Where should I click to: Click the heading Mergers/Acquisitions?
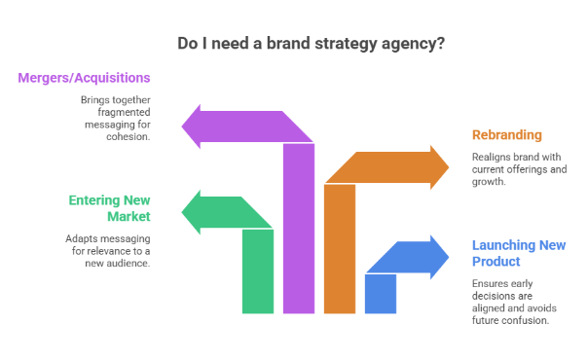pyautogui.click(x=84, y=78)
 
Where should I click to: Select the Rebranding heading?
pyautogui.click(x=506, y=134)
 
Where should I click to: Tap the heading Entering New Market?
pyautogui.click(x=109, y=208)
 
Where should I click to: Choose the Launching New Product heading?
pyautogui.click(x=518, y=253)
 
